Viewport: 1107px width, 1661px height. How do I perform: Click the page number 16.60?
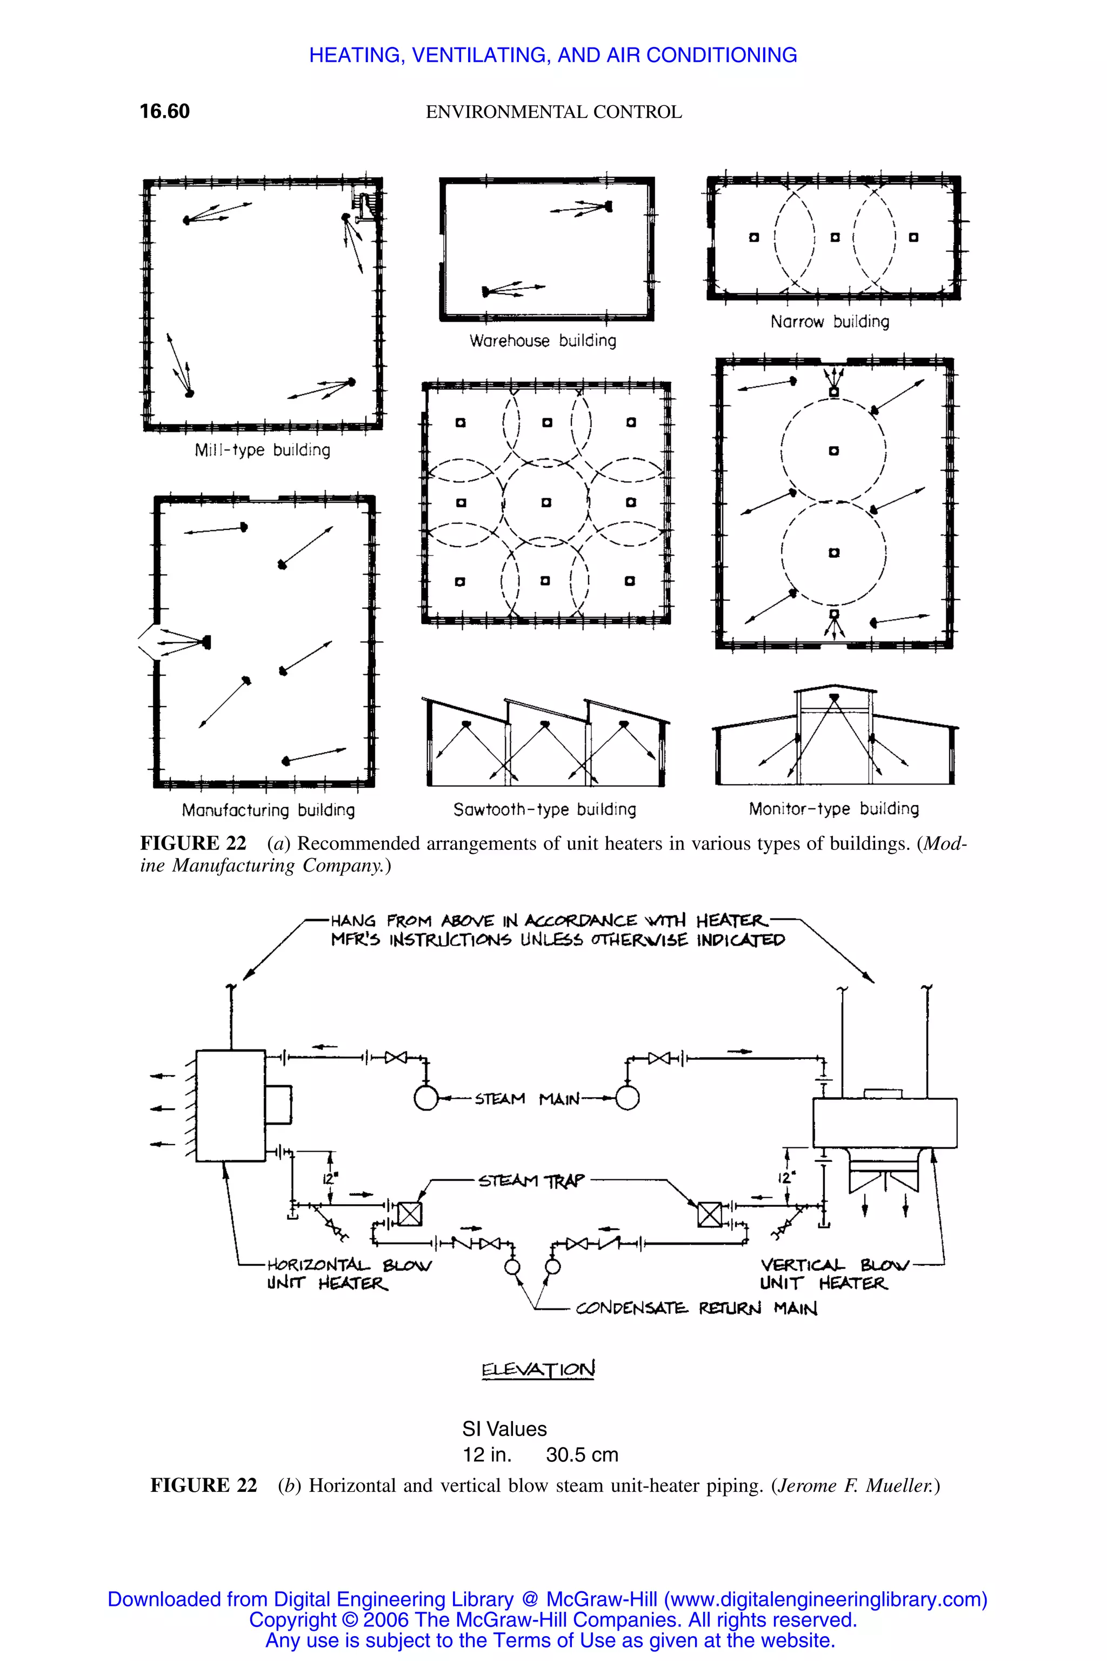point(164,111)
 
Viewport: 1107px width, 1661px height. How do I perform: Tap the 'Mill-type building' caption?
point(262,450)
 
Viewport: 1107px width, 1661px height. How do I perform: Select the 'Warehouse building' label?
point(542,341)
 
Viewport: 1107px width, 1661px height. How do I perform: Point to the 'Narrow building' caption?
point(830,322)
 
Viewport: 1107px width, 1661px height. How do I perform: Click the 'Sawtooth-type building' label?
point(544,809)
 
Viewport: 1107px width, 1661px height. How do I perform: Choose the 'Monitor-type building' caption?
point(834,809)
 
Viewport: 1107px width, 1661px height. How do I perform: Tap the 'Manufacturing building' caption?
point(268,810)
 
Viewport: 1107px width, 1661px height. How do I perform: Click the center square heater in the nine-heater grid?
point(546,503)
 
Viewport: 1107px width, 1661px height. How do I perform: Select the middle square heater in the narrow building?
point(835,237)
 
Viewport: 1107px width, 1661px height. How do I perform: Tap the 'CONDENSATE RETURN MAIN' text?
point(696,1308)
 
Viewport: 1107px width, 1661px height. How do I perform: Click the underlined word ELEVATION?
point(538,1370)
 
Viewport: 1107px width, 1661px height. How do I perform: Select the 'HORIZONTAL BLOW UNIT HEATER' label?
point(348,1274)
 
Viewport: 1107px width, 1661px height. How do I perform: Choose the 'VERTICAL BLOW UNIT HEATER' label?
point(833,1274)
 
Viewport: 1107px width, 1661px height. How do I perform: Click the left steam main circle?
point(426,1098)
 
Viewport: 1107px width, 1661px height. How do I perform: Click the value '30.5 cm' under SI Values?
point(582,1455)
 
